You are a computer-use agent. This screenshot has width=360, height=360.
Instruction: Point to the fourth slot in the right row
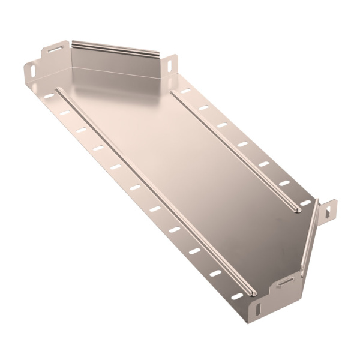(x=242, y=144)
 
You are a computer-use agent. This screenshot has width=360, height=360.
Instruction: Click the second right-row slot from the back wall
(x=203, y=108)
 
